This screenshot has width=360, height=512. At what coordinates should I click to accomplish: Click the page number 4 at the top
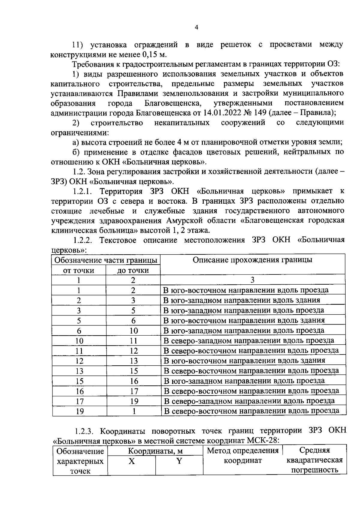point(196,28)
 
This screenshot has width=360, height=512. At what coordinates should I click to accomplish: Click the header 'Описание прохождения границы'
point(252,260)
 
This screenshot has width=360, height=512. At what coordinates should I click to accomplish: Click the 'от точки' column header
point(79,271)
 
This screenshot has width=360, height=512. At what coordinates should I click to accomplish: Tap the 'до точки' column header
point(133,271)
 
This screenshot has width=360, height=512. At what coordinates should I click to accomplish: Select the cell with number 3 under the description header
point(252,280)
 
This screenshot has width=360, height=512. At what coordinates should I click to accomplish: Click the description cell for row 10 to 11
point(249,341)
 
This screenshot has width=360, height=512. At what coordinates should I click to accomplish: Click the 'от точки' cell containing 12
point(79,361)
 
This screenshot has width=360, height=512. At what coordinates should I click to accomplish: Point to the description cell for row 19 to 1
point(251,411)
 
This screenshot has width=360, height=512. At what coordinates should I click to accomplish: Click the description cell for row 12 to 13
point(244,361)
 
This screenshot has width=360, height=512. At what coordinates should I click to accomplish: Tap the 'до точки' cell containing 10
point(133,331)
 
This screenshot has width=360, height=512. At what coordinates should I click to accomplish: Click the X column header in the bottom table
point(131,461)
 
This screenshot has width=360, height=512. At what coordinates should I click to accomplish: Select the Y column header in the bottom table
point(179,461)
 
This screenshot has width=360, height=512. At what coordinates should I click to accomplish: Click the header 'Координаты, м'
point(155,451)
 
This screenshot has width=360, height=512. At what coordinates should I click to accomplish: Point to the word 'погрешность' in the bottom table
point(315,470)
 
